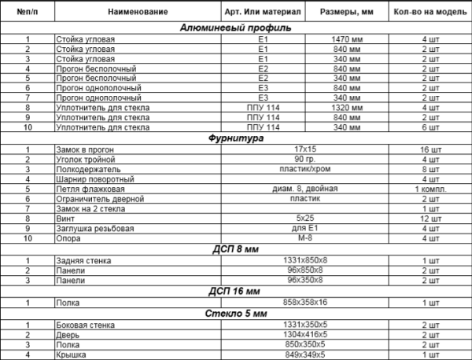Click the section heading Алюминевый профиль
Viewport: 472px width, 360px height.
point(236,28)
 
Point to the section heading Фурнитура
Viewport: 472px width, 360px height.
point(236,138)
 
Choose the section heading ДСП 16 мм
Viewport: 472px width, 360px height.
point(236,291)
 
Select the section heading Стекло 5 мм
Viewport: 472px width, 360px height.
point(236,314)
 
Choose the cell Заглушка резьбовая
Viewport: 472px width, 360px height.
point(90,229)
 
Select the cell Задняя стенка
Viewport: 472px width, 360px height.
point(83,260)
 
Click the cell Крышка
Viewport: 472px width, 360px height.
point(71,354)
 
